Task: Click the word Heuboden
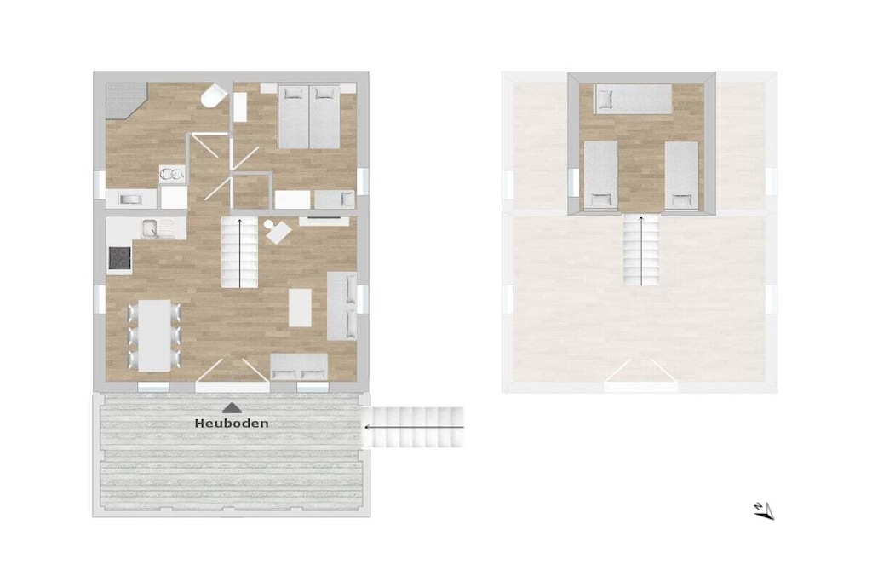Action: [x=232, y=424]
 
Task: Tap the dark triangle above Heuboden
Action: [x=232, y=408]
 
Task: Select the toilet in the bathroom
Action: [x=214, y=95]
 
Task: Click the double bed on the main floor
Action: [x=308, y=116]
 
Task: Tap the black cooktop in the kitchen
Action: [x=119, y=258]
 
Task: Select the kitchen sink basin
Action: [x=150, y=228]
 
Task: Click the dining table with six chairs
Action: [x=154, y=336]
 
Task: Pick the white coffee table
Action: [x=300, y=308]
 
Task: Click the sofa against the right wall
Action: [x=341, y=305]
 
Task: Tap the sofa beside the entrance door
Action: [x=299, y=366]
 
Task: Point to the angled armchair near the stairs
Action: [x=278, y=232]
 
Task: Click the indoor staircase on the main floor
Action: [x=239, y=252]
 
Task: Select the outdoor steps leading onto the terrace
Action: [x=413, y=427]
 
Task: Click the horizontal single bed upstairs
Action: [x=633, y=99]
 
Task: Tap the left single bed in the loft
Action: [x=601, y=176]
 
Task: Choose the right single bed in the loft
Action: [x=681, y=176]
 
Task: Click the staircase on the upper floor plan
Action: [x=641, y=251]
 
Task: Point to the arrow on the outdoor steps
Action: [x=415, y=427]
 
